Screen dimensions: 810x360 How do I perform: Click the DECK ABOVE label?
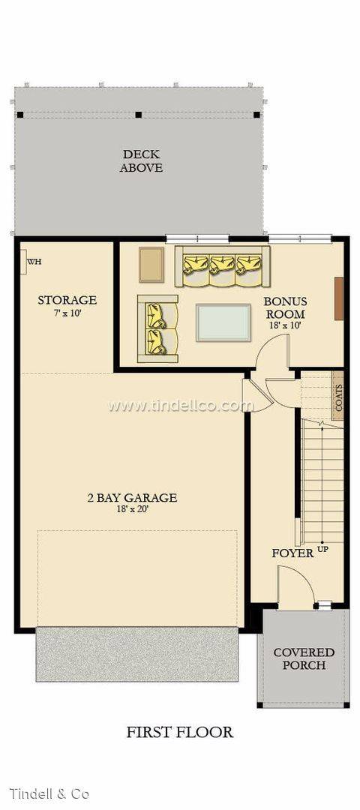coord(141,161)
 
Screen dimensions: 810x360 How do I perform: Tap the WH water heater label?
coord(34,262)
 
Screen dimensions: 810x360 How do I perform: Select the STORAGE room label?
coord(67,300)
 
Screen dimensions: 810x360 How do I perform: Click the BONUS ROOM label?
coord(285,307)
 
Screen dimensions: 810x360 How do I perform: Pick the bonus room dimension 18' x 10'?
coord(285,326)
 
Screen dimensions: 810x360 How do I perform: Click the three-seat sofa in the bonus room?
coord(223,265)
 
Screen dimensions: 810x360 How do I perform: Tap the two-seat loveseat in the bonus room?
coord(157,328)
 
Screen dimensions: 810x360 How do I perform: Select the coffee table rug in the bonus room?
coord(223,322)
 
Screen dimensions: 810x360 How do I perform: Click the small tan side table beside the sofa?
coord(151,264)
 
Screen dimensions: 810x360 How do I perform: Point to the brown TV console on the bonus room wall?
coord(339,298)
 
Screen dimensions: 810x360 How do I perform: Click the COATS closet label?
coord(338,397)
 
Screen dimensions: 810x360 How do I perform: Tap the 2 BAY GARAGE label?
coord(132,496)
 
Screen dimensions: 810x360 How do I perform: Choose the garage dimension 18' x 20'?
coord(132,509)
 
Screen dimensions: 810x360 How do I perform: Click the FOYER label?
coord(292,553)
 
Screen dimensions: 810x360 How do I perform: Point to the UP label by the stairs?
coord(323,550)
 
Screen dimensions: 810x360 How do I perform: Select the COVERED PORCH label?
coord(304,658)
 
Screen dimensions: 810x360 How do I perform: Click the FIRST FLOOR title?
coord(180,732)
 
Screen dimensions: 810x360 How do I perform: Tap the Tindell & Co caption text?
coord(49,793)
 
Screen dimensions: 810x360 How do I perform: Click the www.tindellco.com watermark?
coord(180,406)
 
